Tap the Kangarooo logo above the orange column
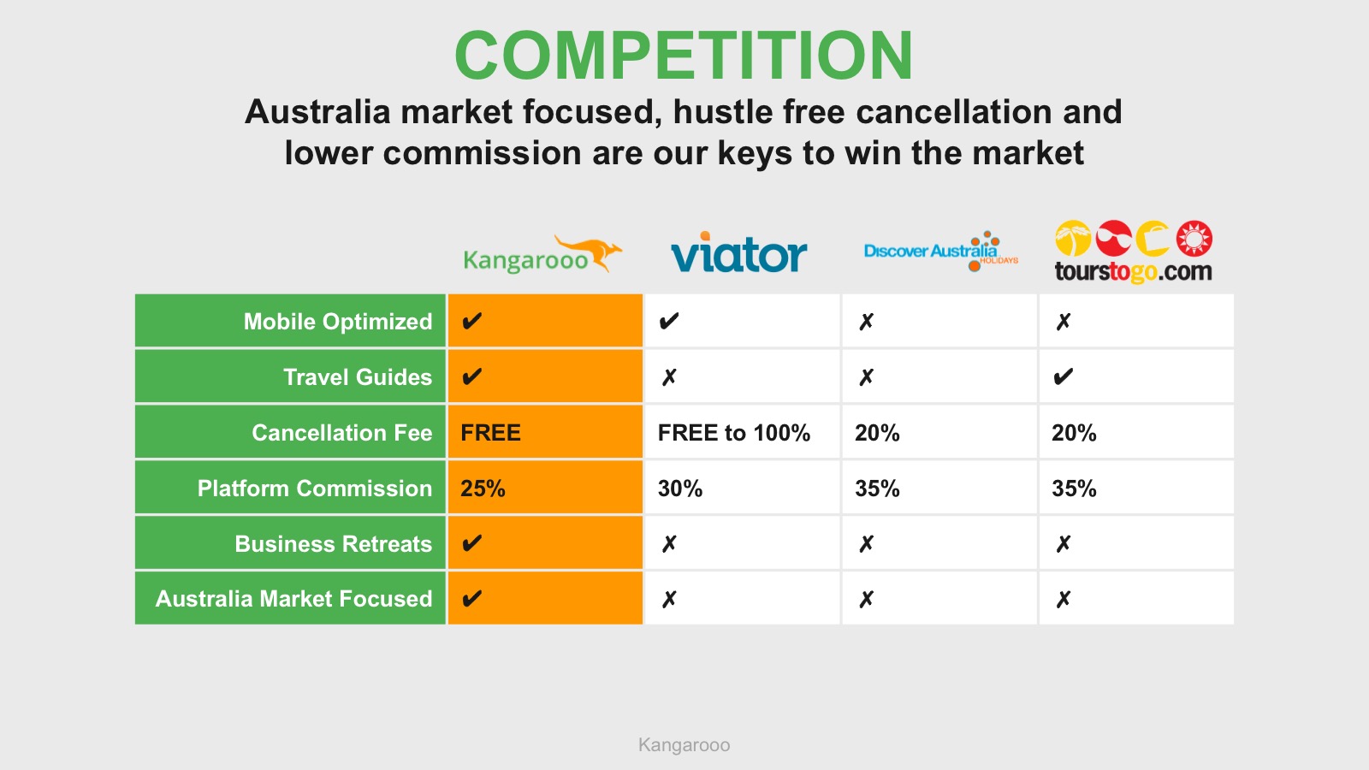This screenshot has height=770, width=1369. [x=542, y=254]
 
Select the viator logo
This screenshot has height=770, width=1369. [x=739, y=252]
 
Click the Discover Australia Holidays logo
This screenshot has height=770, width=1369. [x=941, y=252]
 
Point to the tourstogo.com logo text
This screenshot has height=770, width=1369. [x=1133, y=271]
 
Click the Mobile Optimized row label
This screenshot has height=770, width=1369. [x=337, y=322]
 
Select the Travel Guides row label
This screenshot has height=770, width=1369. [x=358, y=377]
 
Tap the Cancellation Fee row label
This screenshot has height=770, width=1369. [x=341, y=433]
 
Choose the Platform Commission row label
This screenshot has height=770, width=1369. [x=314, y=489]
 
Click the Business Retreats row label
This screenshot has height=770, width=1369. [x=333, y=544]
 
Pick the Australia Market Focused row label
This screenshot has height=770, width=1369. [x=293, y=599]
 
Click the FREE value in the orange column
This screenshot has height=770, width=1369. [x=490, y=433]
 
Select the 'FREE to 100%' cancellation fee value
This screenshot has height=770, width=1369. [x=734, y=433]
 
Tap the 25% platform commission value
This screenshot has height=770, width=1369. [x=483, y=489]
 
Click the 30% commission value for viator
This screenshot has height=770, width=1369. [x=680, y=489]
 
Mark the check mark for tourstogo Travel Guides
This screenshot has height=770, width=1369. [x=1064, y=376]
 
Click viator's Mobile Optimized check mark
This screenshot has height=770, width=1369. [x=668, y=321]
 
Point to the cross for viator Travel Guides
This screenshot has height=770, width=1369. [x=669, y=377]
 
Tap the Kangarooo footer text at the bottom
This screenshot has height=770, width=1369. [x=684, y=745]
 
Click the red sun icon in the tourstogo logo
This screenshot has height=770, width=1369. [x=1194, y=238]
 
